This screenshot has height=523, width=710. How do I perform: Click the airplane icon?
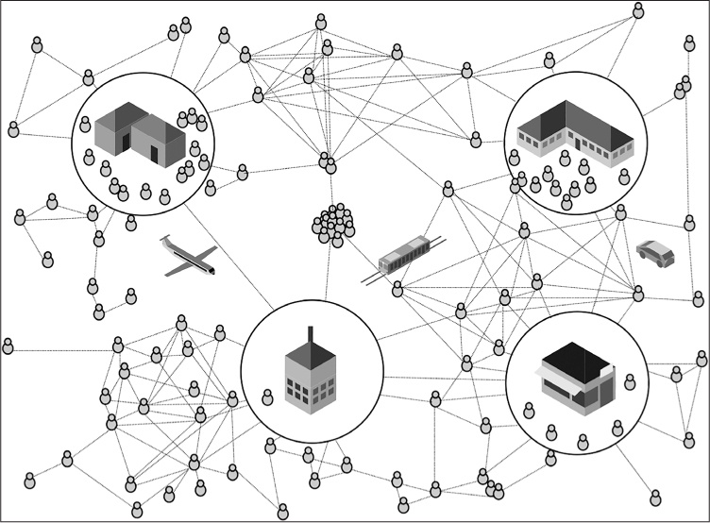tap(189, 256)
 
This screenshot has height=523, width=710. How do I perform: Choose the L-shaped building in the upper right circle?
tap(573, 132)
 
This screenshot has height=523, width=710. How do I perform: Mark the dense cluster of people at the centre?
tap(333, 224)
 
